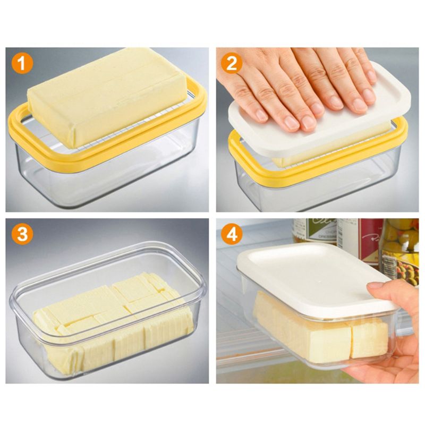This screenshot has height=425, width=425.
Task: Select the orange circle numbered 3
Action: pyautogui.click(x=22, y=234)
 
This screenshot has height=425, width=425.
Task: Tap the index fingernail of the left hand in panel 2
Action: pyautogui.click(x=261, y=114)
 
